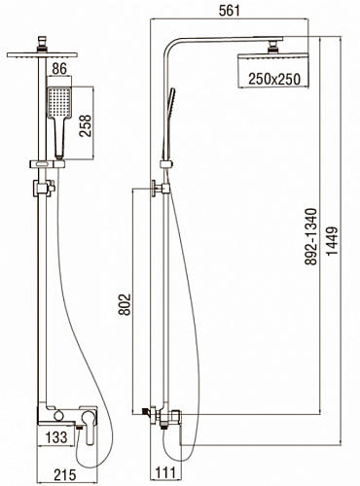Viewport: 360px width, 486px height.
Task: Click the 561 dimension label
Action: [x=230, y=11]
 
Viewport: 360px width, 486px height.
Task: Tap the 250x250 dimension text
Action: [x=274, y=79]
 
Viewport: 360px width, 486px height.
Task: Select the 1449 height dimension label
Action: [x=332, y=241]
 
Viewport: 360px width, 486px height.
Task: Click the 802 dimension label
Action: [x=125, y=304]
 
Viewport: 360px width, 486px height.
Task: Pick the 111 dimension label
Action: [x=165, y=472]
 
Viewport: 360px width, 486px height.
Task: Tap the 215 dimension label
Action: [x=64, y=475]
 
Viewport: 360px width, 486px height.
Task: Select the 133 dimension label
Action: [x=56, y=437]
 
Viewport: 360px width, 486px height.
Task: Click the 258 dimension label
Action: [x=86, y=125]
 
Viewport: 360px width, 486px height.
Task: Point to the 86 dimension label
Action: [x=59, y=68]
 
